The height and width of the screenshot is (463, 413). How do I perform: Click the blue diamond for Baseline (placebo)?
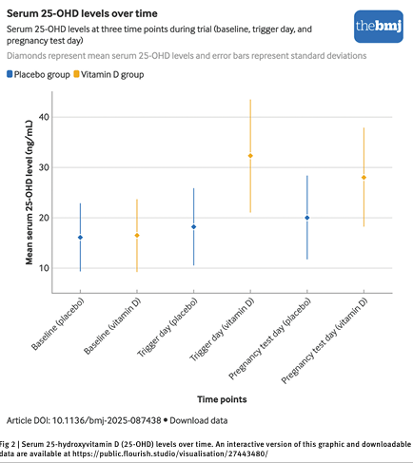point(80,238)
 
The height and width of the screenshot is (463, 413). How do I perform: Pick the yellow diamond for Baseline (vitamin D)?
point(137,235)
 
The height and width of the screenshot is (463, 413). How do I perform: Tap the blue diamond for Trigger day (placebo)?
point(194,226)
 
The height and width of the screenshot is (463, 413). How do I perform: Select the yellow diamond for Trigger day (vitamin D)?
point(250,156)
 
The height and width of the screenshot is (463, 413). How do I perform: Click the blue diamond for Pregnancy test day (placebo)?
point(307,218)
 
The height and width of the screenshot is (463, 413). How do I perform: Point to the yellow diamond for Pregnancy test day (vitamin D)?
point(364,178)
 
